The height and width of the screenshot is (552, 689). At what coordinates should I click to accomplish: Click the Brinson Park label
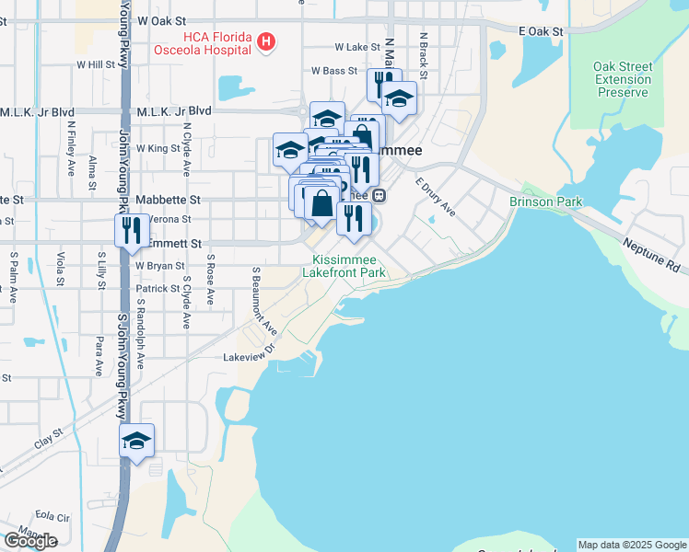(x=546, y=201)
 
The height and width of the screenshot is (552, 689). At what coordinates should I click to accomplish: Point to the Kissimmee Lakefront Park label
(x=349, y=266)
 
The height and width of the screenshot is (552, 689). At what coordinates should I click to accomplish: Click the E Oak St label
(x=541, y=31)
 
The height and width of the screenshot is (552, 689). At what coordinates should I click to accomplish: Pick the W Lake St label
(x=357, y=46)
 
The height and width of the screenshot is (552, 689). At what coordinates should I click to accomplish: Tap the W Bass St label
(x=333, y=70)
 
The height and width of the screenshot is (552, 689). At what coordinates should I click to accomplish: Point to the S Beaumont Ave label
(x=263, y=301)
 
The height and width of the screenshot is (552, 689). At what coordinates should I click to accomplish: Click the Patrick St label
(x=160, y=288)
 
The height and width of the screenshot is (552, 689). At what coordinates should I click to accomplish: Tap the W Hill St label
(x=96, y=65)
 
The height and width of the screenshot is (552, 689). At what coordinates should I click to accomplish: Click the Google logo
(x=29, y=541)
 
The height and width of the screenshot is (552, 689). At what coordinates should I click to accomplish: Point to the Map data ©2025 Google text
(x=631, y=545)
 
